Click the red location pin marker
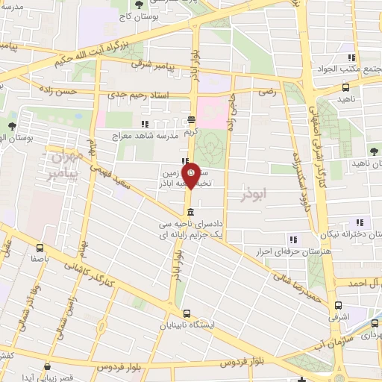[x=191, y=175]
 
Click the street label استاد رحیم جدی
[x=139, y=95]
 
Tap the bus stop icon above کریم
[x=192, y=119]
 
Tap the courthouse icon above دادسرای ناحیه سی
[x=192, y=210]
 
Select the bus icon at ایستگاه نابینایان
[x=186, y=314]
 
